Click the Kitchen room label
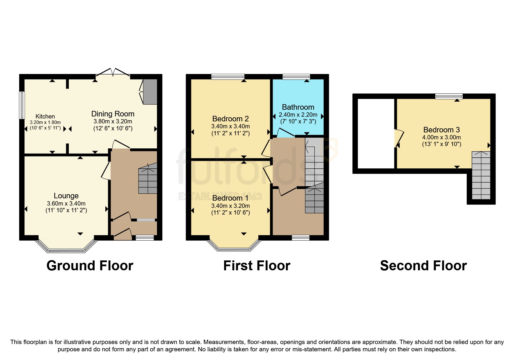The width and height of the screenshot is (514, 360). pyautogui.click(x=45, y=116)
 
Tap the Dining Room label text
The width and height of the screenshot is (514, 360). pyautogui.click(x=113, y=114)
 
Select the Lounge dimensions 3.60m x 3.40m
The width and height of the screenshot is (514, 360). pyautogui.click(x=66, y=204)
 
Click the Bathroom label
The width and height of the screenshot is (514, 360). pyautogui.click(x=298, y=107)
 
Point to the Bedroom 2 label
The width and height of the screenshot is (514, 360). pyautogui.click(x=230, y=119)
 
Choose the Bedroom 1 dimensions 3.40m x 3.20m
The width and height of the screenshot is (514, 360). pyautogui.click(x=230, y=206)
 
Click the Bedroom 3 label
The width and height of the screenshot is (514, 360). pyautogui.click(x=441, y=130)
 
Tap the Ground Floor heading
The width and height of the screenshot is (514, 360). pyautogui.click(x=90, y=266)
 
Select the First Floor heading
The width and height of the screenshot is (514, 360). pyautogui.click(x=257, y=266)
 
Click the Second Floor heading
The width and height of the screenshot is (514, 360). pyautogui.click(x=423, y=266)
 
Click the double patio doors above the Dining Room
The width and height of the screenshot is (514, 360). pyautogui.click(x=113, y=72)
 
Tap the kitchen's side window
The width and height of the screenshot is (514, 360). pyautogui.click(x=22, y=105)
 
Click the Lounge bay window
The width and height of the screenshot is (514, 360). pyautogui.click(x=66, y=250)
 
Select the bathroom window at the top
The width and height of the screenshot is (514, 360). pyautogui.click(x=296, y=77)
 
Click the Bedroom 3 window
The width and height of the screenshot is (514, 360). pyautogui.click(x=448, y=96)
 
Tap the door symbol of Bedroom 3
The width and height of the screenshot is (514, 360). pyautogui.click(x=399, y=138)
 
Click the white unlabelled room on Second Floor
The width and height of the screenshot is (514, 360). pyautogui.click(x=376, y=133)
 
